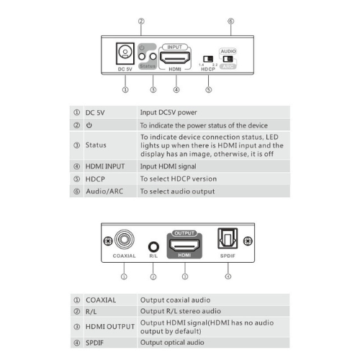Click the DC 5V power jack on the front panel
tap(125, 53)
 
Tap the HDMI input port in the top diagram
tap(175, 58)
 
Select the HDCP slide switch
tap(208, 59)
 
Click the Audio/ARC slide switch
tap(228, 59)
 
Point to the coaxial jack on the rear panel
tap(125, 239)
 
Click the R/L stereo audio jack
tap(153, 246)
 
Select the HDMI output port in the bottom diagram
tap(184, 246)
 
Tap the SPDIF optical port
tap(228, 238)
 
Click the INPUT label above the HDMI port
tap(174, 47)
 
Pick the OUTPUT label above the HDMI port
tap(184, 233)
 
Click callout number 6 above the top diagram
tap(230, 21)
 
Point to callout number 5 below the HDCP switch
tap(208, 90)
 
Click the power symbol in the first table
tap(89, 125)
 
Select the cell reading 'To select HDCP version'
tap(179, 179)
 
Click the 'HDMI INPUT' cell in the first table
tap(105, 166)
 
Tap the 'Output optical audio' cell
tap(172, 343)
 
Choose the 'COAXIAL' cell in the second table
tap(101, 300)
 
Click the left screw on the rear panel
tap(108, 240)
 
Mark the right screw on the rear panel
tap(248, 240)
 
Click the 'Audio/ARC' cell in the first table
tap(104, 192)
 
